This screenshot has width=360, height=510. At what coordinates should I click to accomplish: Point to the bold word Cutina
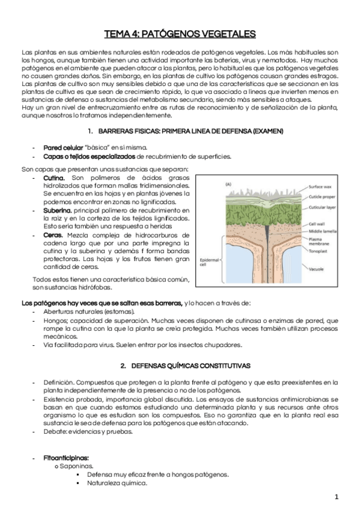coord(56,179)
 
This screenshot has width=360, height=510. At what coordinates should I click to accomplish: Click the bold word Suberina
coord(58,210)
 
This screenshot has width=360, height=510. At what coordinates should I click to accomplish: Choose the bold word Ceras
coord(53,235)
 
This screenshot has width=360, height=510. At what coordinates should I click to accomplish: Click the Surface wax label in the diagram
coord(320,186)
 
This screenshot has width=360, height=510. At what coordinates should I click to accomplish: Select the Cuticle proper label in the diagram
coord(322,196)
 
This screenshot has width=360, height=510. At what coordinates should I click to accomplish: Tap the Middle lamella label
coord(322,231)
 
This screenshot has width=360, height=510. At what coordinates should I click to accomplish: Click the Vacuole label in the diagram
coord(317,271)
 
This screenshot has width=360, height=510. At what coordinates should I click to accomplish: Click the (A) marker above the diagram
coord(228,183)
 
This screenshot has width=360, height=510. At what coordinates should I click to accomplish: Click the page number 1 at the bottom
coord(337,497)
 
